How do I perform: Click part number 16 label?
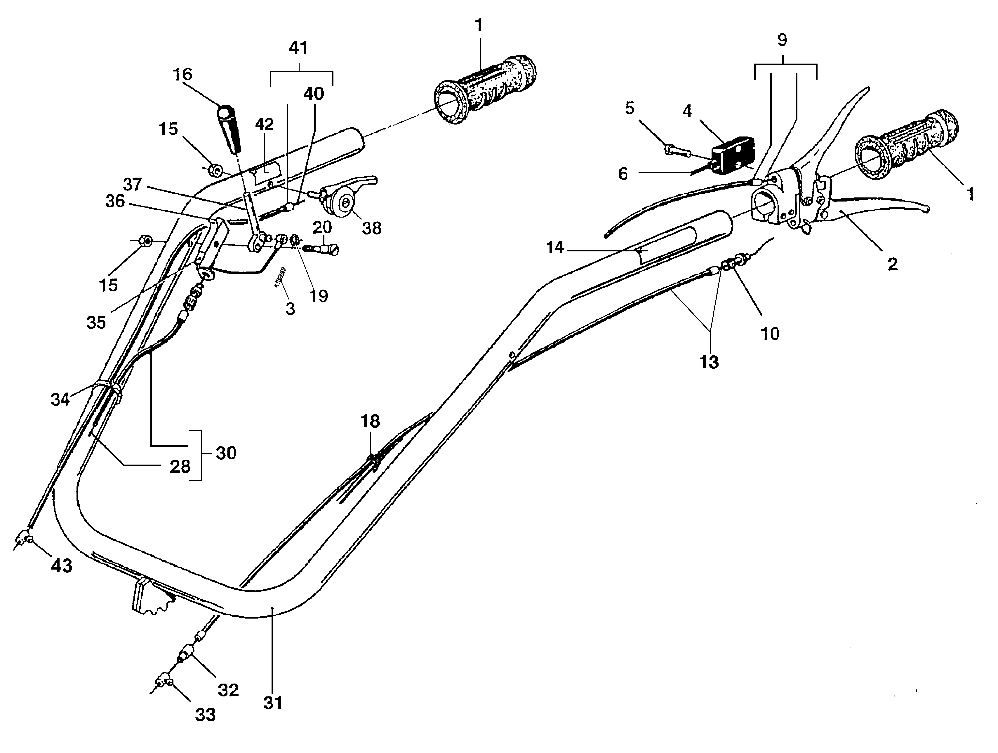tap(182, 74)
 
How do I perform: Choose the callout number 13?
tap(709, 362)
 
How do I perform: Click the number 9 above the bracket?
tap(782, 40)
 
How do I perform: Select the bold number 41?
tap(298, 48)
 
